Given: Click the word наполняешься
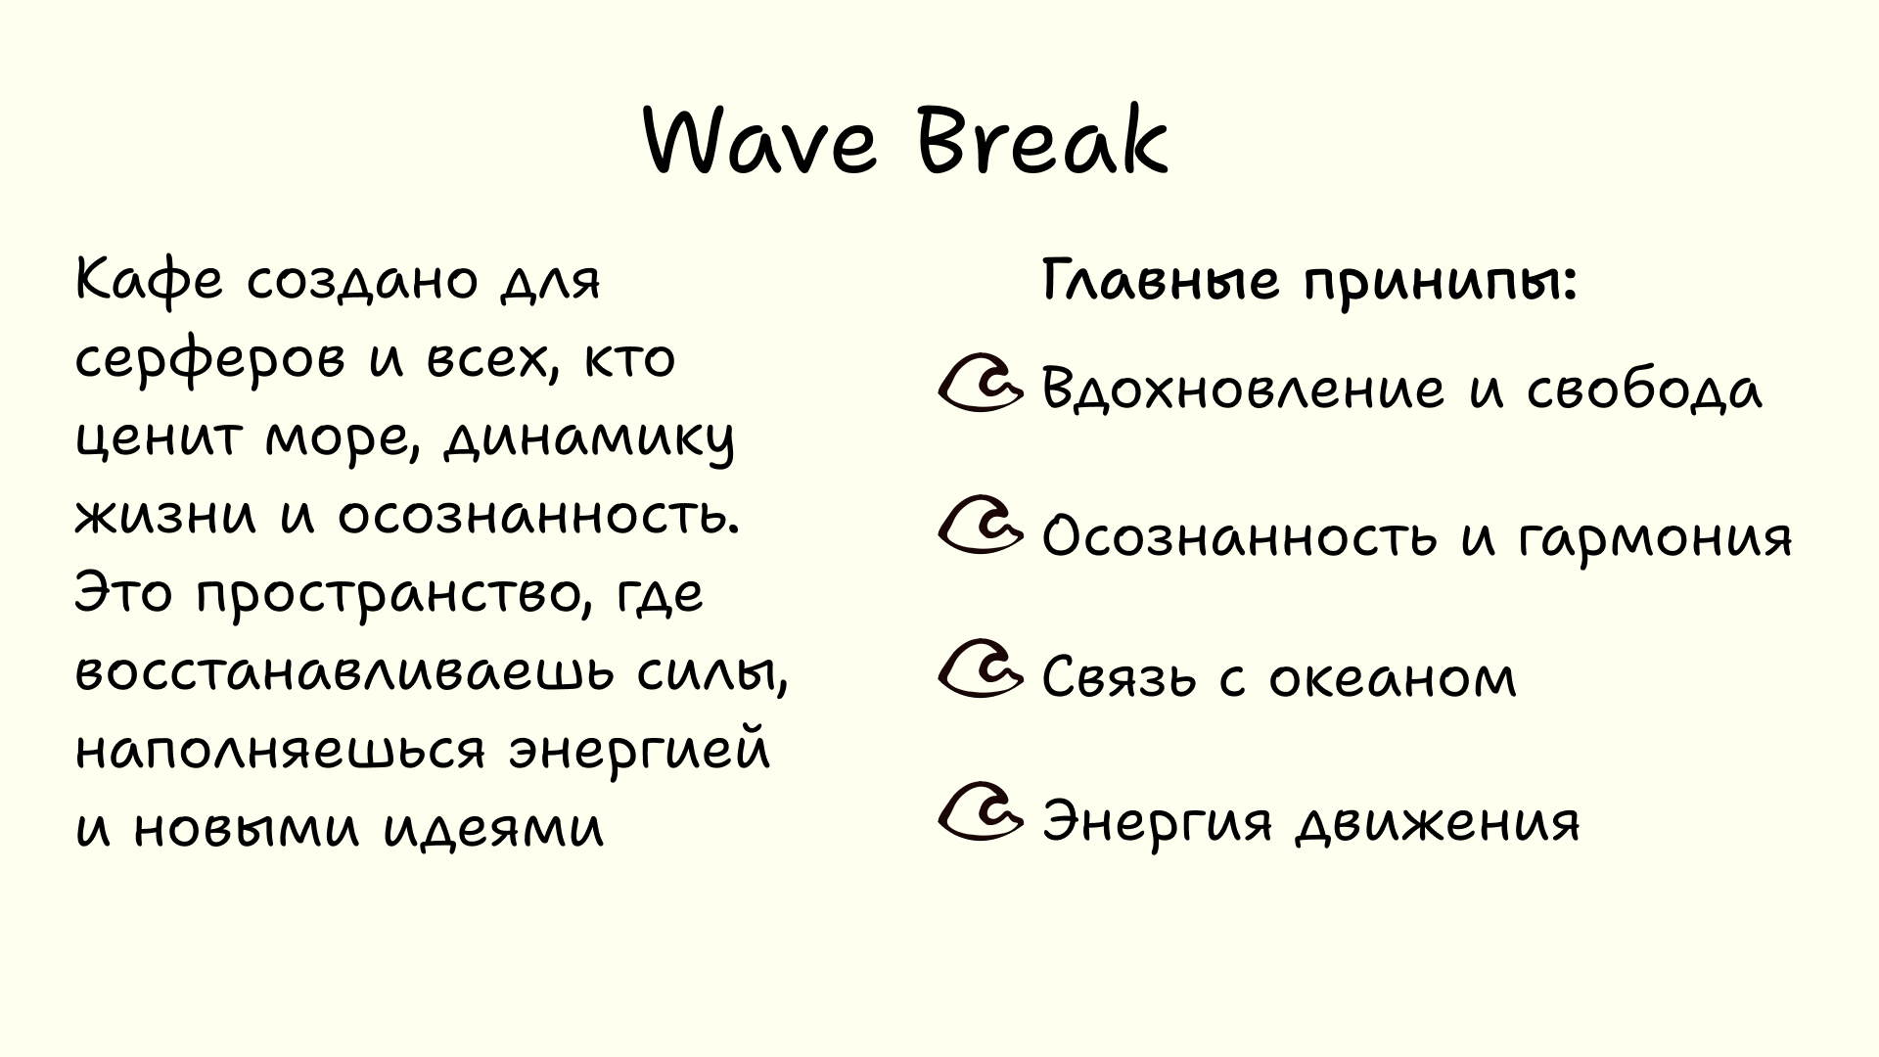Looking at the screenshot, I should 280,752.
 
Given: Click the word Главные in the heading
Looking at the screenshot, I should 1160,281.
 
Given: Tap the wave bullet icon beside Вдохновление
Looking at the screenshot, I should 980,384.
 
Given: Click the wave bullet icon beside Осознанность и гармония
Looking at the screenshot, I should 980,528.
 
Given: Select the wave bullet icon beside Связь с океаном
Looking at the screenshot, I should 980,670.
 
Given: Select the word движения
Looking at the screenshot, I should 1438,823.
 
